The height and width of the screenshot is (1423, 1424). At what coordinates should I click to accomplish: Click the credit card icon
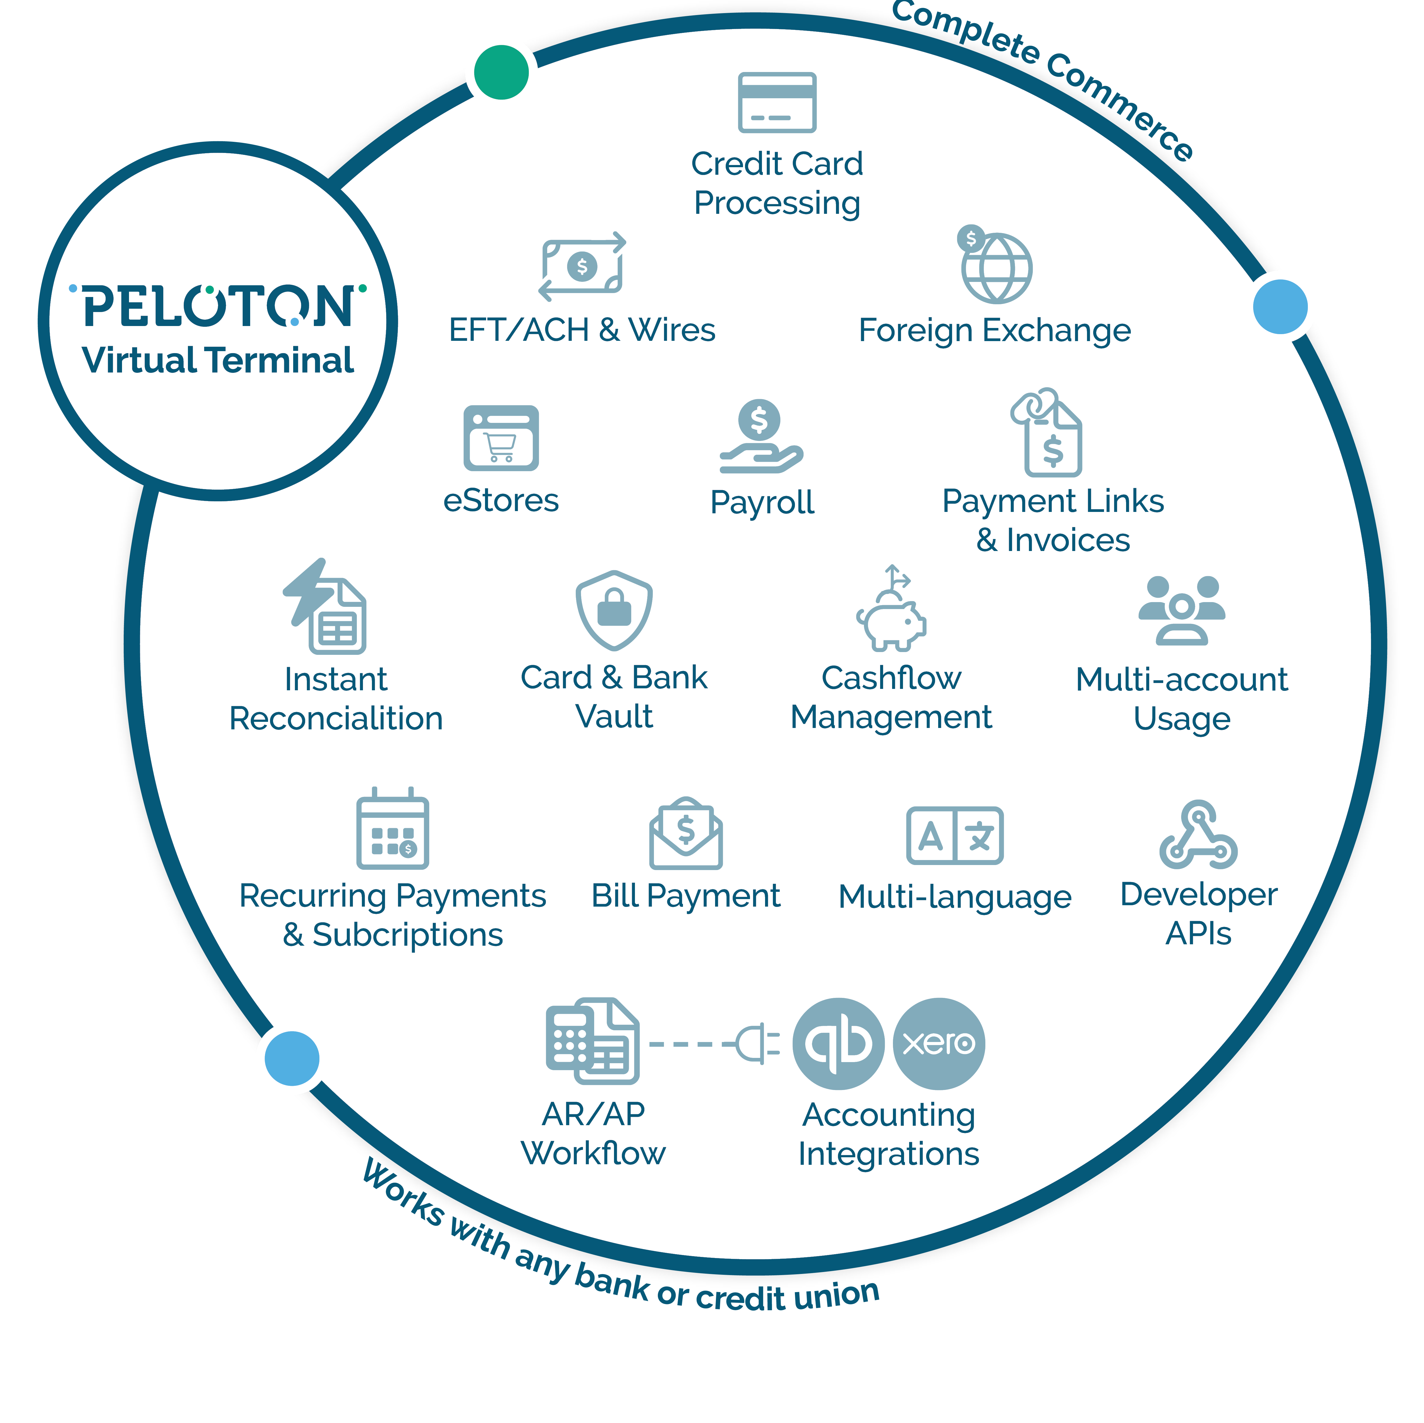click(x=777, y=102)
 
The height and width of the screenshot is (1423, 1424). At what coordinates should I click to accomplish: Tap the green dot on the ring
click(x=501, y=72)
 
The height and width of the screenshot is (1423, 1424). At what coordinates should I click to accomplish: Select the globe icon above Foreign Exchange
click(x=997, y=268)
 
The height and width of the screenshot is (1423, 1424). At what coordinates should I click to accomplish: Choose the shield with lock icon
click(x=614, y=610)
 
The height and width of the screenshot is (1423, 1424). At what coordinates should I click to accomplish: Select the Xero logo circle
click(x=938, y=1043)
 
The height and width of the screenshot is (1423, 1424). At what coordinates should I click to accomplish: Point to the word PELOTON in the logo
click(x=218, y=306)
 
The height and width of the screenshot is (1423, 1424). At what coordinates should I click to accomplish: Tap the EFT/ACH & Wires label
click(x=582, y=330)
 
